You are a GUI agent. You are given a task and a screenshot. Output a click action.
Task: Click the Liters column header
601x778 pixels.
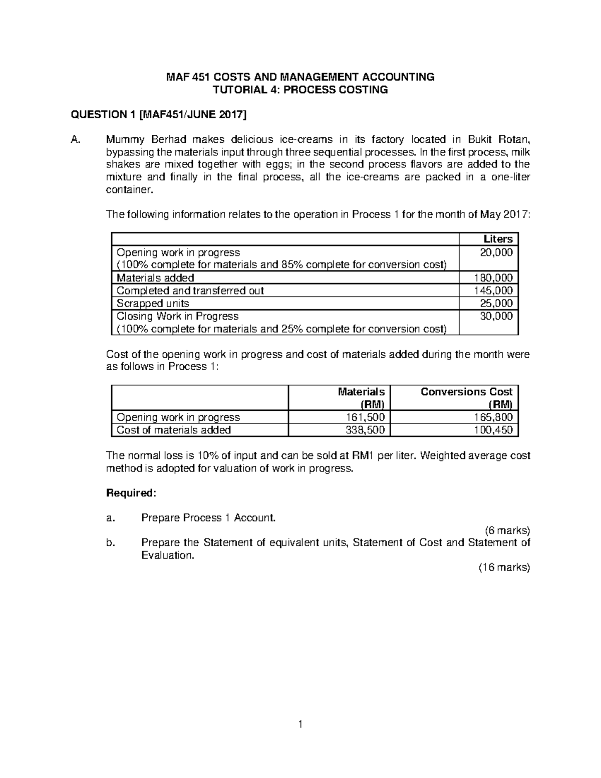[497, 239]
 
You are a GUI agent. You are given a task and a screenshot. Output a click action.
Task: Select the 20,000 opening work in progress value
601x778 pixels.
[496, 252]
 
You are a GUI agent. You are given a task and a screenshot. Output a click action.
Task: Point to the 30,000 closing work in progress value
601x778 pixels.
[496, 316]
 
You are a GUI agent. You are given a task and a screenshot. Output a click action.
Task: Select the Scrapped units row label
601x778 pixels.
[153, 304]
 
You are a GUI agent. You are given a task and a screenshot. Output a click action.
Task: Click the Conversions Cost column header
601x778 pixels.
[466, 392]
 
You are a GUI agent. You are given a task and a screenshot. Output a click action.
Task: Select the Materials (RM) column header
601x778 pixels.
[361, 398]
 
